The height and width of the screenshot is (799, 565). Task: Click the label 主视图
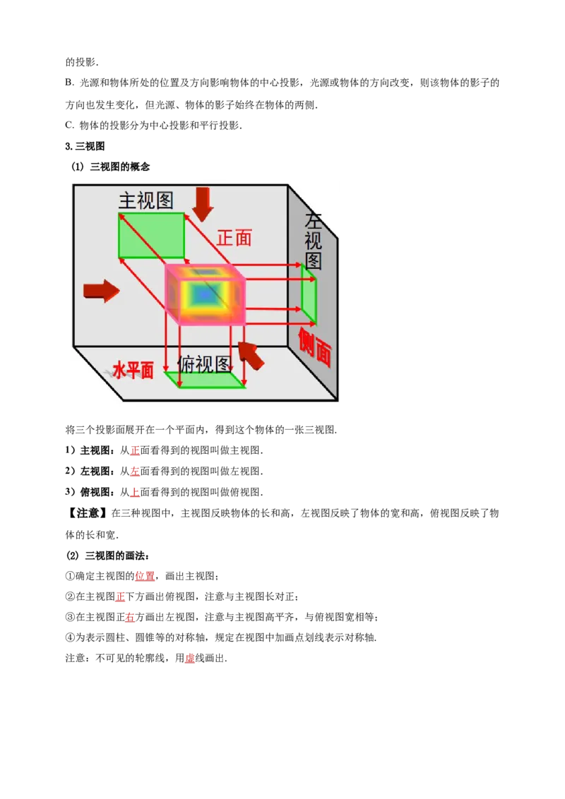point(145,200)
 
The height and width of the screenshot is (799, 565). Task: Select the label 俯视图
point(205,364)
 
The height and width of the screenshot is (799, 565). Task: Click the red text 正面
point(234,238)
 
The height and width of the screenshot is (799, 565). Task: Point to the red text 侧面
point(314,347)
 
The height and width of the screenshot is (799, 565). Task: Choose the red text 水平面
point(133,371)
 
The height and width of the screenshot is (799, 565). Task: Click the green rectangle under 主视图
point(151,235)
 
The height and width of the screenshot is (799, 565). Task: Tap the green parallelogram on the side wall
point(309,293)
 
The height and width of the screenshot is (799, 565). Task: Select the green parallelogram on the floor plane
point(205,380)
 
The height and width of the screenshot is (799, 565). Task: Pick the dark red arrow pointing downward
point(203,203)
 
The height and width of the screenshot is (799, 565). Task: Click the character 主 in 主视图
point(127,200)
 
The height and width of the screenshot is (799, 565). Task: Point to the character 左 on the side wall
point(313,220)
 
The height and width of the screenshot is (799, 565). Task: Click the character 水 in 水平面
point(120,371)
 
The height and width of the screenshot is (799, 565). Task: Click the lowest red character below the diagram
point(189,659)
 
